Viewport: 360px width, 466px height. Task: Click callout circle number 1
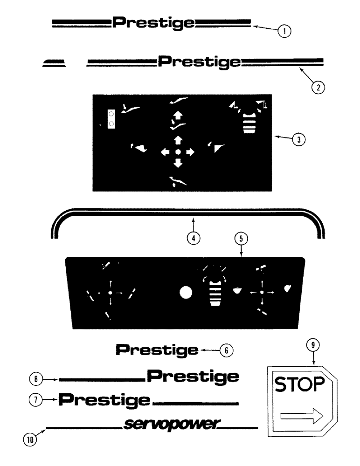284,31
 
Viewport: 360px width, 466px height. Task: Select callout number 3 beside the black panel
298,138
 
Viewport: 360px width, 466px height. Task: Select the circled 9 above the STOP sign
313,346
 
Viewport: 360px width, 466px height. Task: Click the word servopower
171,424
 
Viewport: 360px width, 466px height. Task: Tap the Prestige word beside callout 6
157,349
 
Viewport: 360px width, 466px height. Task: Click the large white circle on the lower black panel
186,293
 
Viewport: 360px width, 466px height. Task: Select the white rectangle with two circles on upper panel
111,118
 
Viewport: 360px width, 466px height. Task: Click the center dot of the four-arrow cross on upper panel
178,152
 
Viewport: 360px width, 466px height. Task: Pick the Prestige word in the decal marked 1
154,22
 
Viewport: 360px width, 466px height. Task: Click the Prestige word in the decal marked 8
193,376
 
